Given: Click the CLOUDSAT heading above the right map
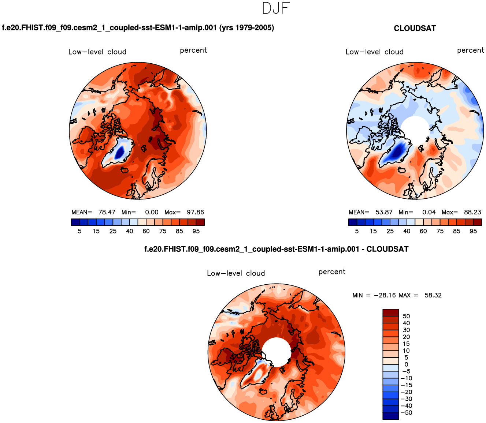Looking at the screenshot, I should coord(415,29).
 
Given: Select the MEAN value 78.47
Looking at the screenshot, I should coord(107,212).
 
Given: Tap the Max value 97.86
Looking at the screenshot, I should coord(195,212).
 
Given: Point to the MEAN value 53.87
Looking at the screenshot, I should coord(384,212).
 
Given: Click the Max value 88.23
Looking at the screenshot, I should coord(472,212).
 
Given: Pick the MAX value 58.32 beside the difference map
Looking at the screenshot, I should coord(433,295).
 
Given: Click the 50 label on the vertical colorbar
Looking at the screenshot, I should coord(406,316).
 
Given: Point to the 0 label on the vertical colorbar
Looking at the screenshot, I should coord(406,364).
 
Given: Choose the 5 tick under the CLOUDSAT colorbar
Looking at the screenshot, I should coord(357,231).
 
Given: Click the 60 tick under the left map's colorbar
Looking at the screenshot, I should coord(146,231).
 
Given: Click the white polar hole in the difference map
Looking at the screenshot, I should coord(277,352).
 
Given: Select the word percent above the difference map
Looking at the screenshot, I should coord(332,272).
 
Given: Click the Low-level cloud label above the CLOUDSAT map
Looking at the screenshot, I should coord(374,52).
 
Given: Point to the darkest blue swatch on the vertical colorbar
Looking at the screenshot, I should coord(390,416).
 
